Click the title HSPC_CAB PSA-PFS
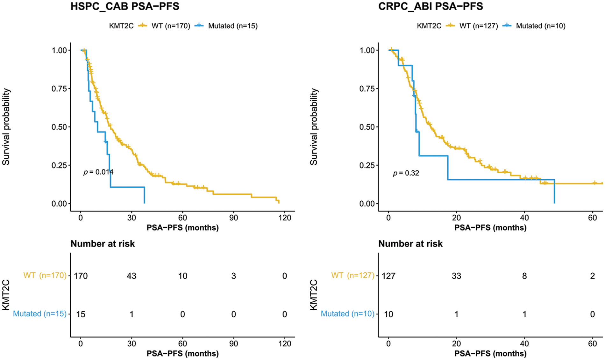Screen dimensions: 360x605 [x=125, y=6]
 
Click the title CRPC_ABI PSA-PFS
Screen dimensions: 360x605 [x=430, y=6]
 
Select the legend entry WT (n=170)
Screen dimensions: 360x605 [x=171, y=26]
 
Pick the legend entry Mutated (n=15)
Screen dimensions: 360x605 [x=232, y=26]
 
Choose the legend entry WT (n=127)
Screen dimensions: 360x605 [x=478, y=26]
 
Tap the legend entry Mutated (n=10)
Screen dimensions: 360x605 [x=540, y=26]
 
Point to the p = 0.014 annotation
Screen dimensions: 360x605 [x=98, y=172]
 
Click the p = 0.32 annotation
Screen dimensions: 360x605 [x=406, y=173]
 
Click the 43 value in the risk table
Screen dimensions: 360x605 [x=132, y=276]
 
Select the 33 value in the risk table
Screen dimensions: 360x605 [x=456, y=276]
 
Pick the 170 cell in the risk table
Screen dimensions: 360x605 [x=81, y=276]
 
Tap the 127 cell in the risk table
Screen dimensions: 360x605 [x=388, y=276]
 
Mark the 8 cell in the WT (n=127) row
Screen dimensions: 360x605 [x=524, y=276]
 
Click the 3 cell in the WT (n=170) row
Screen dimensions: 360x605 [x=233, y=276]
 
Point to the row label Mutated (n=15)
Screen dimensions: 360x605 [x=39, y=314]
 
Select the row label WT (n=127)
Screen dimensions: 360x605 [x=353, y=275]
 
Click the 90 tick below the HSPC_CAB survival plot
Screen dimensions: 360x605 [x=233, y=218]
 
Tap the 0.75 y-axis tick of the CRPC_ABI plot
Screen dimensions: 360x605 [x=367, y=89]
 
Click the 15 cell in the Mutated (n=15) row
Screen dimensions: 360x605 [x=81, y=314]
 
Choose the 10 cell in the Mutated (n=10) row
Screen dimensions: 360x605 [x=388, y=314]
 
